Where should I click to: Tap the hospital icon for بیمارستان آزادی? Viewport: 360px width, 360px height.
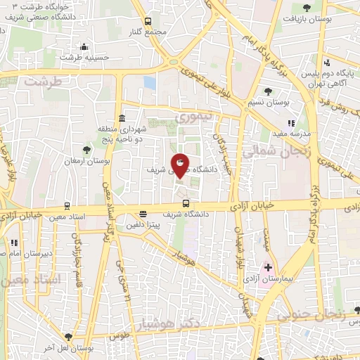268,268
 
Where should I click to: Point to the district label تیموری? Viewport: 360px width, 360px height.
190,118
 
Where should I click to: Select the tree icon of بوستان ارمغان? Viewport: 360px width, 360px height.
86,150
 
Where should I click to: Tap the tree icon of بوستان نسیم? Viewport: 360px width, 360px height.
268,91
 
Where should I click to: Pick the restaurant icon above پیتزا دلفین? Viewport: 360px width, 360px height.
143,214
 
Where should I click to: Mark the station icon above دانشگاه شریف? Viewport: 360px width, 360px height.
186,202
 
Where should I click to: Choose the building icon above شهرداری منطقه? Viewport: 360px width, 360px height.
122,117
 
